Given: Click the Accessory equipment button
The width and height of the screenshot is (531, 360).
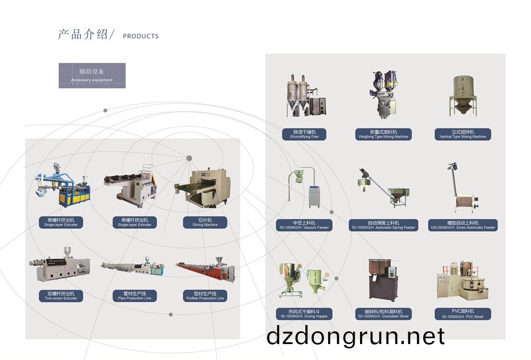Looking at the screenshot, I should pos(92,75).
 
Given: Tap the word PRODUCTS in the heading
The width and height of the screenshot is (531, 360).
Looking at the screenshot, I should pos(140,36).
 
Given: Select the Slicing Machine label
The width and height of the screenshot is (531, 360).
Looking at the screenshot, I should pos(204,222).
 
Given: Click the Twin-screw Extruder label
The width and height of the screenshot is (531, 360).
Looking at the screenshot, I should pos(61,296).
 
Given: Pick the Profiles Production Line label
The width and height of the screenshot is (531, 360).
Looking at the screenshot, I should pos(204,296).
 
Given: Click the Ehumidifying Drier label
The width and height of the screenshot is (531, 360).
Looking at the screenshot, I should pos(304,134).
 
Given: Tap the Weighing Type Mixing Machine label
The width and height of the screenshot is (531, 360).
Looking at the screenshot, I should pos(383,134).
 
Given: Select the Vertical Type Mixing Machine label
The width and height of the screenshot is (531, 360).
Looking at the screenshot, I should pos(463,134).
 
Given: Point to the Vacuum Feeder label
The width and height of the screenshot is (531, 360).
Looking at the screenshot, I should pos(304,225).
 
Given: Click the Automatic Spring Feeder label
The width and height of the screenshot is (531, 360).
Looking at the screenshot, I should pos(383,225).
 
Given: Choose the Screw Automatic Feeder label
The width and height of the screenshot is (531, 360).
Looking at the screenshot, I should pos(463,225).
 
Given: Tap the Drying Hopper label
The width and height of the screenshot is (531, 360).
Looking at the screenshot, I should pos(304,313).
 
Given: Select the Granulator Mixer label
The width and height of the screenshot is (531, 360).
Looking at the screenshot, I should pos(383,313).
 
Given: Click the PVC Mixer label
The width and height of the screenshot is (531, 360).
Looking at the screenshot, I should pos(463,313).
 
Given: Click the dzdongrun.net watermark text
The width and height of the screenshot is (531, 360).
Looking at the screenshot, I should pos(355,336).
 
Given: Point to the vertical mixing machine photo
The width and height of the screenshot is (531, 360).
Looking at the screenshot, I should pos(463,96).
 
